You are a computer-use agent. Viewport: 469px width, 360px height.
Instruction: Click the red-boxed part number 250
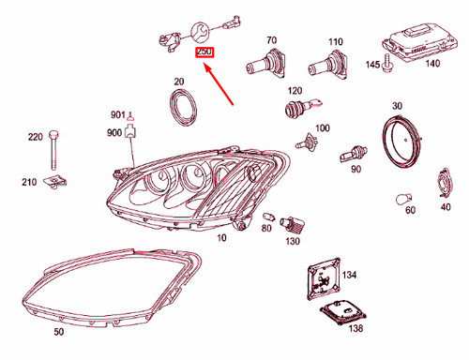click(x=204, y=53)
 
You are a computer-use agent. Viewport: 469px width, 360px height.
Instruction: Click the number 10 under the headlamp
click(x=221, y=239)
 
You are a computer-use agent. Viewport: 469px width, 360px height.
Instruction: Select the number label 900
click(x=115, y=133)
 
